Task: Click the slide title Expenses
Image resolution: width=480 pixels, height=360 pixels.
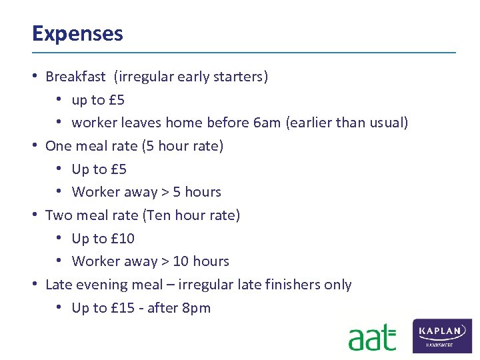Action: coord(77,33)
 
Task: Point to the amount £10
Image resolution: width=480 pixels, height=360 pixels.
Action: coord(122,238)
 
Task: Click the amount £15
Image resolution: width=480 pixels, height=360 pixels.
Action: coord(122,307)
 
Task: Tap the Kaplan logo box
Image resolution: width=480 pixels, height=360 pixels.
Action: coord(443,335)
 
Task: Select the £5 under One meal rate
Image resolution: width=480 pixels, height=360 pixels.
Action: coord(118,169)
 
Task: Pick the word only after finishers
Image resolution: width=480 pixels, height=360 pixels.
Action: coord(337,285)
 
